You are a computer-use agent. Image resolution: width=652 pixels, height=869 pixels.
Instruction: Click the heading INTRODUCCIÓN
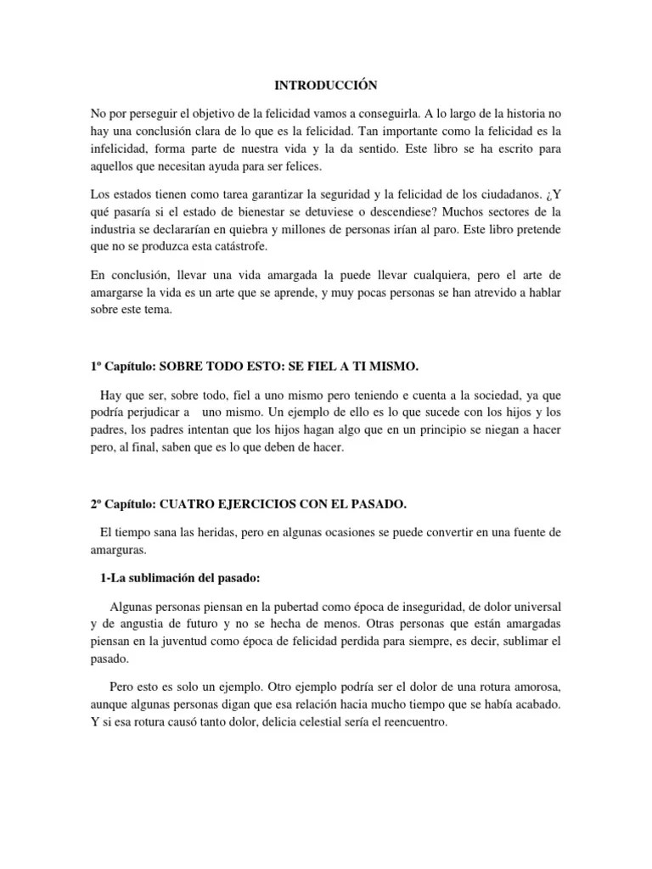325,86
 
